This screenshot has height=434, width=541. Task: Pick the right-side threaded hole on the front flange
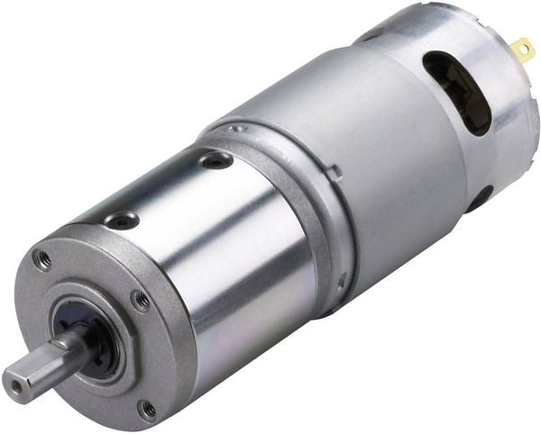[x=142, y=300]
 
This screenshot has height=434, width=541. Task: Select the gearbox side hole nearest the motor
[x=215, y=161]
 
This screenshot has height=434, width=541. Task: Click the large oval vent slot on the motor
[x=457, y=89]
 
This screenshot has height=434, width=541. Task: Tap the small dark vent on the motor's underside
[x=478, y=197]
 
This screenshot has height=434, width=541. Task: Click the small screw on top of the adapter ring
[x=238, y=129]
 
